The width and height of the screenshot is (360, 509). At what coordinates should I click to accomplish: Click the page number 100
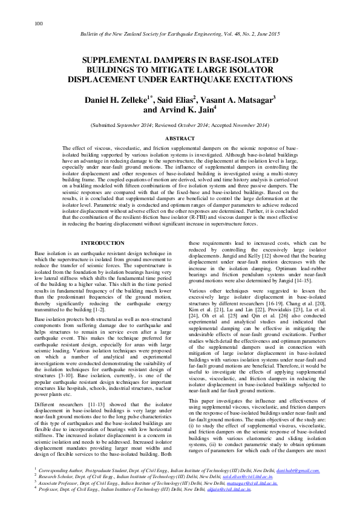[x=38, y=23]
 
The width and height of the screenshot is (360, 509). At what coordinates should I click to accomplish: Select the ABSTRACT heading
[x=180, y=138]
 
